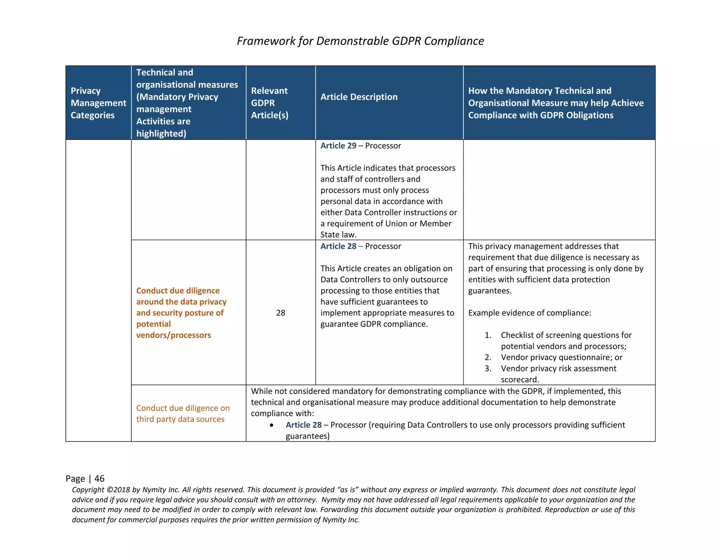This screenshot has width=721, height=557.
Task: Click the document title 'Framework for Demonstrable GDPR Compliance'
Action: click(x=360, y=41)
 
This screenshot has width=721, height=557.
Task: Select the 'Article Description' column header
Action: click(x=359, y=97)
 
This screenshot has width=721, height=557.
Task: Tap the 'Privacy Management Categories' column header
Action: click(x=98, y=103)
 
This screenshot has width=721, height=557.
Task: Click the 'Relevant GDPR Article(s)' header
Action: click(x=269, y=103)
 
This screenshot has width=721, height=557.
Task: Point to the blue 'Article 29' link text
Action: click(x=338, y=146)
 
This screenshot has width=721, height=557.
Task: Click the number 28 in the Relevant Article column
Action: click(x=281, y=313)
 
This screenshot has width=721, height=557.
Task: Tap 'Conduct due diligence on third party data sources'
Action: click(x=183, y=413)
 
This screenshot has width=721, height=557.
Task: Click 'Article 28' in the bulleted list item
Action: click(x=303, y=425)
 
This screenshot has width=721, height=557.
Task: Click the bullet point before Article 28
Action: click(x=271, y=425)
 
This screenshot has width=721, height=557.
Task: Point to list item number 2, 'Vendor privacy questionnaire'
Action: click(x=561, y=357)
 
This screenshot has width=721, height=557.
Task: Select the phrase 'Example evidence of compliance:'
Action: click(x=529, y=313)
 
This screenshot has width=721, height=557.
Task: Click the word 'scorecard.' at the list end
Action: click(x=520, y=380)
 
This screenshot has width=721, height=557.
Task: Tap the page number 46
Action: click(x=99, y=478)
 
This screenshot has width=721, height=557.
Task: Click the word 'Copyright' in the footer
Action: click(x=88, y=490)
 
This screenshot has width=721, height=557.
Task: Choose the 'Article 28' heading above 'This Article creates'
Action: click(x=338, y=246)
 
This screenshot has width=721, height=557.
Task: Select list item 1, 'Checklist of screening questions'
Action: click(x=566, y=335)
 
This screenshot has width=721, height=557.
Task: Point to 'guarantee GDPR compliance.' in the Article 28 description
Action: click(x=374, y=324)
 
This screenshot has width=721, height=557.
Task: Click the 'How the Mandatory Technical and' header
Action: click(x=539, y=91)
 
